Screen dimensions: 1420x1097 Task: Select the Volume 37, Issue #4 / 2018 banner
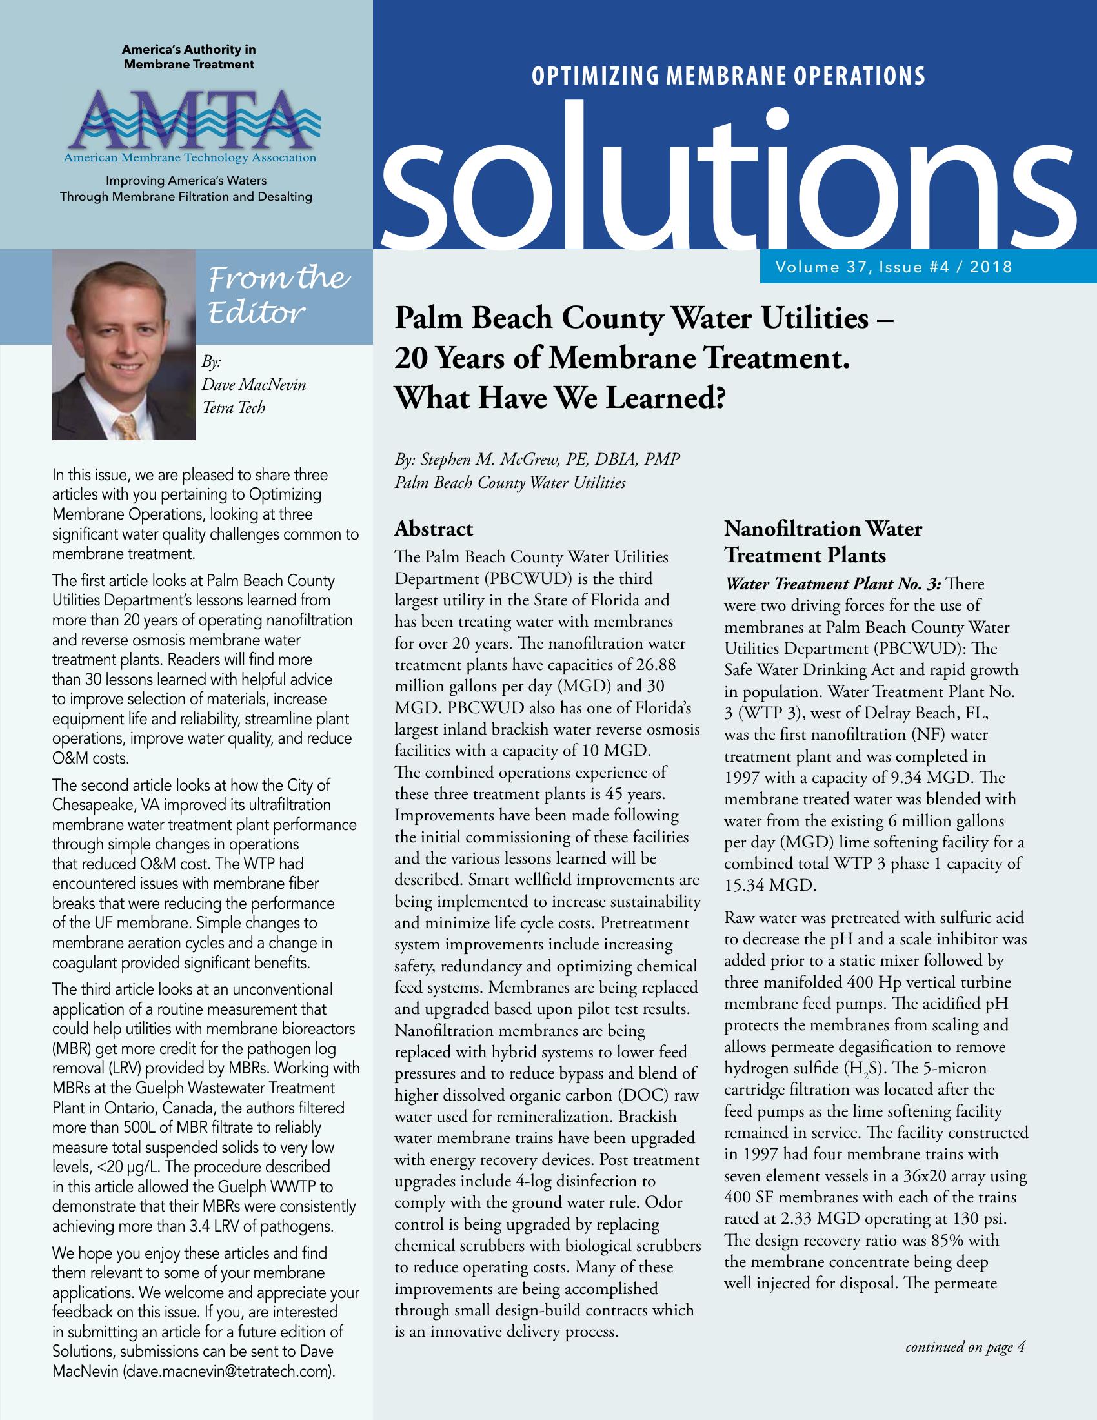(x=893, y=267)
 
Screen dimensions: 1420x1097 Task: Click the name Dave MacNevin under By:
(x=254, y=384)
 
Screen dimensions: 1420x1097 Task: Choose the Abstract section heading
(x=434, y=529)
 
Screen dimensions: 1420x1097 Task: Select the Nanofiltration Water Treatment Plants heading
(x=823, y=542)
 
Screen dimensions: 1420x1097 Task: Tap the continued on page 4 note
(x=965, y=1346)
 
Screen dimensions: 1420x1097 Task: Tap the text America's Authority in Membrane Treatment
(x=188, y=57)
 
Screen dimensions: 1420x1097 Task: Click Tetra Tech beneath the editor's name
(x=234, y=408)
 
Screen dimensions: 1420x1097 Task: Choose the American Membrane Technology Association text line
(x=190, y=157)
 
